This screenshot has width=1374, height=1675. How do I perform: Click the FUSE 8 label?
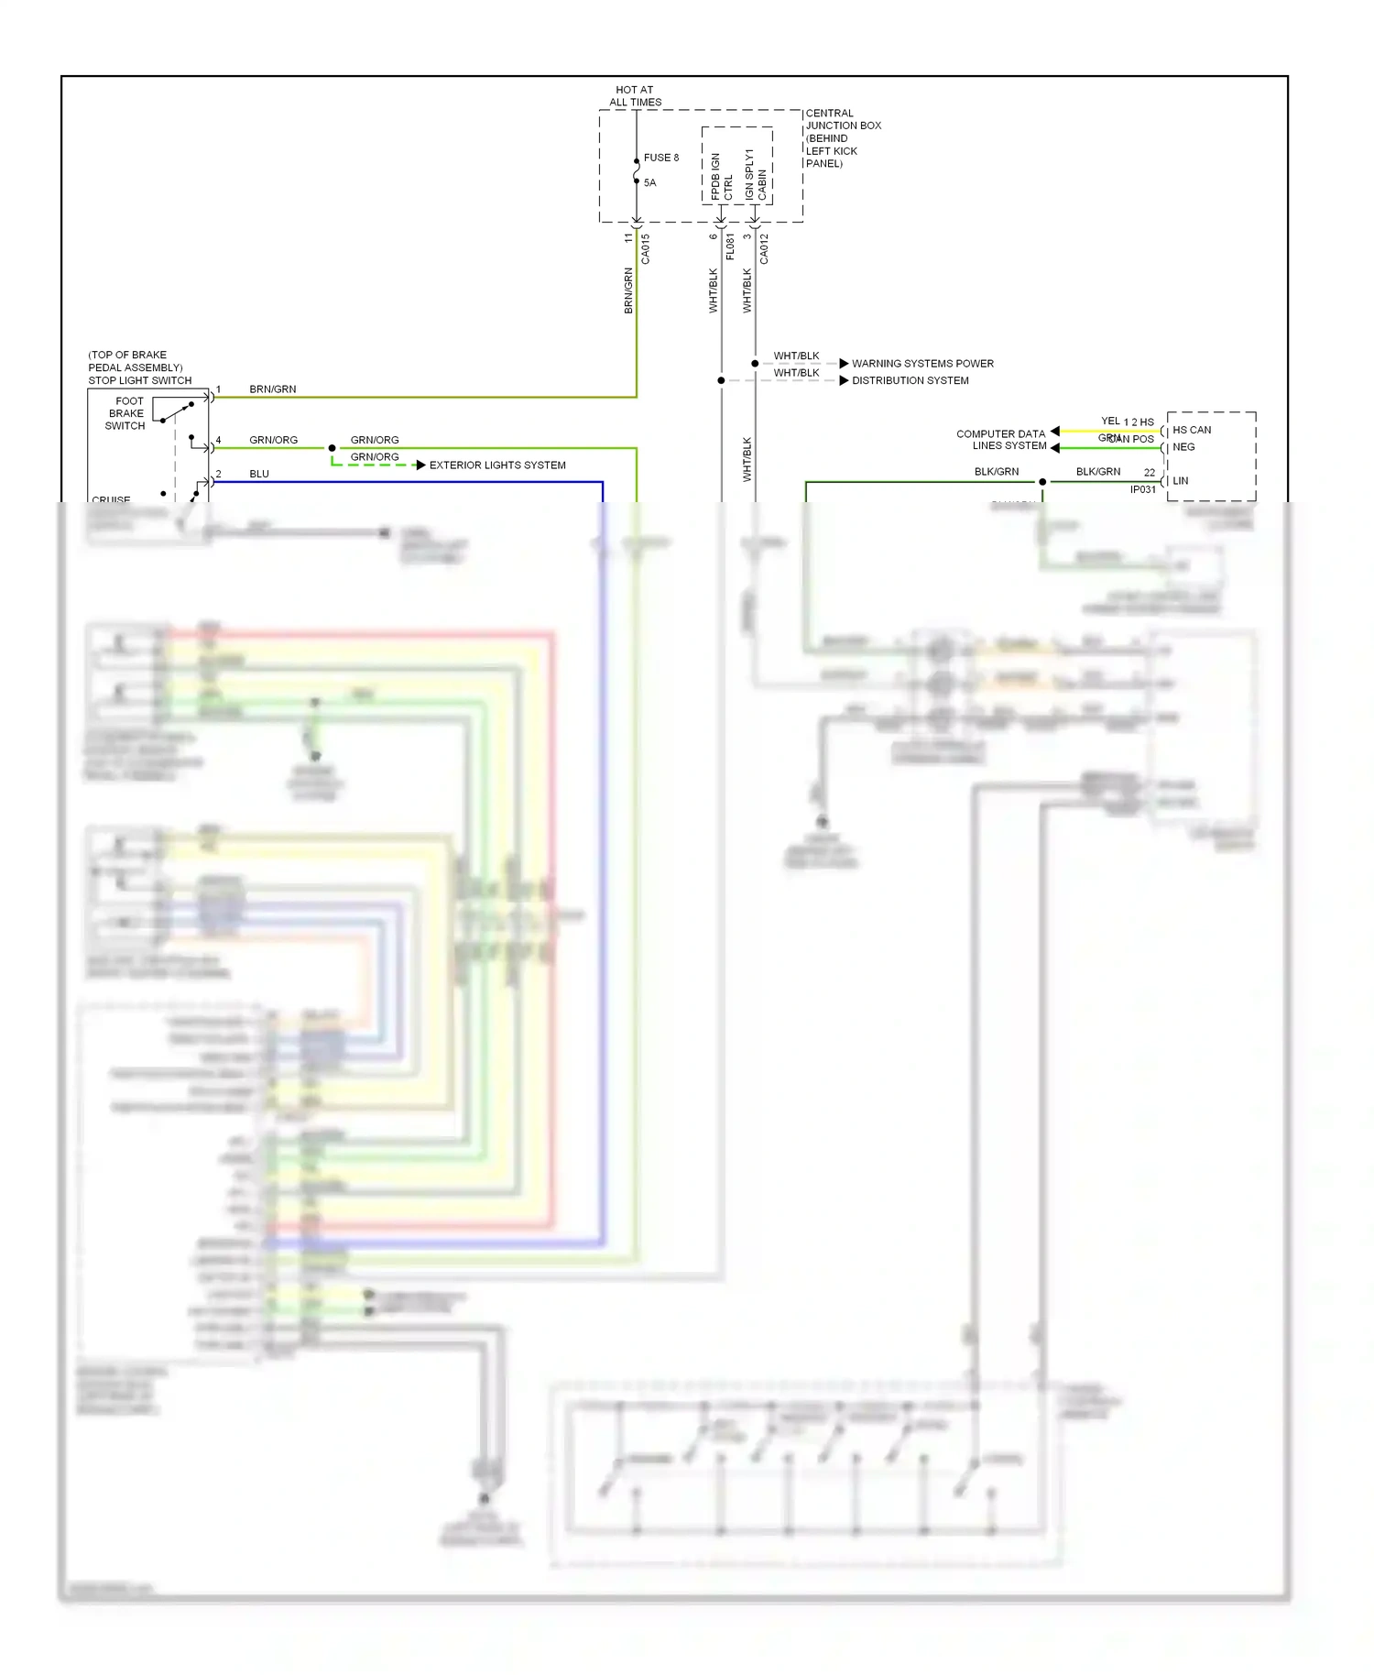click(660, 158)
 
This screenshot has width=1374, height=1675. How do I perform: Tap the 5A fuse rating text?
click(649, 182)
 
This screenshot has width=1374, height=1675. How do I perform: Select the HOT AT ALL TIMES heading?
click(635, 96)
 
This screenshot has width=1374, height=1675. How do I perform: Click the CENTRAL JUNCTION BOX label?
click(842, 120)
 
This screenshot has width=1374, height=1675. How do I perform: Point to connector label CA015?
click(645, 249)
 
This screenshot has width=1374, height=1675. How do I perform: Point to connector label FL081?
click(729, 246)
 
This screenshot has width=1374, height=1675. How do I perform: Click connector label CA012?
click(764, 249)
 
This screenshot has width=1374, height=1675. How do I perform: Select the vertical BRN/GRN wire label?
click(628, 290)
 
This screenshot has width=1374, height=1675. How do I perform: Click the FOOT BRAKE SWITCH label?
click(125, 413)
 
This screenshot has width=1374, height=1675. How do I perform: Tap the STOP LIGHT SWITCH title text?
click(139, 380)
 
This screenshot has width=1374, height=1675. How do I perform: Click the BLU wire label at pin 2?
click(259, 474)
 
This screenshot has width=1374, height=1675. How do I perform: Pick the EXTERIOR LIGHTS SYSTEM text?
click(497, 465)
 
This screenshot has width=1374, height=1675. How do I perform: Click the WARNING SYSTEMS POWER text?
click(922, 364)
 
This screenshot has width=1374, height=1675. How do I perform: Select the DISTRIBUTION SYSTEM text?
click(910, 380)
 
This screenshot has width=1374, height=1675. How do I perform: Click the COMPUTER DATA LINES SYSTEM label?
click(1001, 440)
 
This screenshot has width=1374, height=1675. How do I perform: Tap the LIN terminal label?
click(1181, 480)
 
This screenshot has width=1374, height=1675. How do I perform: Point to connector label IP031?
click(1142, 490)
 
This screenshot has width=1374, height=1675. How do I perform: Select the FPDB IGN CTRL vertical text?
click(721, 176)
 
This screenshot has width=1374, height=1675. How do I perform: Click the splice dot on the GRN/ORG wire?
click(332, 448)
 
